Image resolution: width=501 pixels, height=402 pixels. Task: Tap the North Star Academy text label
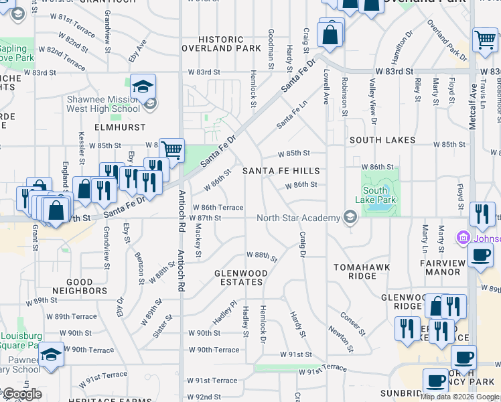tap(301, 216)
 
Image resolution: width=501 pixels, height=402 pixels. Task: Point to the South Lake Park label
tap(380, 195)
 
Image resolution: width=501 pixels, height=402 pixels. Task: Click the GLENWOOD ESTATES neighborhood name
tap(241, 278)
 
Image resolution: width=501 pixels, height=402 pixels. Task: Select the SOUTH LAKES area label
tap(382, 140)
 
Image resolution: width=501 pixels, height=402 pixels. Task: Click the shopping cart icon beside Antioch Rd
tap(172, 149)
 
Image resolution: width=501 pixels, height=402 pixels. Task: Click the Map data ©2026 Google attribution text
tap(459, 397)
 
